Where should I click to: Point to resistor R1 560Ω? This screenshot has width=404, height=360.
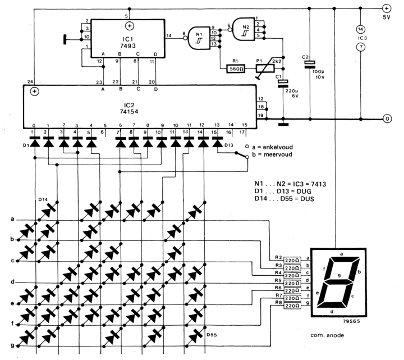click(235, 69)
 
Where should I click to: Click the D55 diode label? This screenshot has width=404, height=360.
click(212, 335)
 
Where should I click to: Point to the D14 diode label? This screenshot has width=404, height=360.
click(43, 199)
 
